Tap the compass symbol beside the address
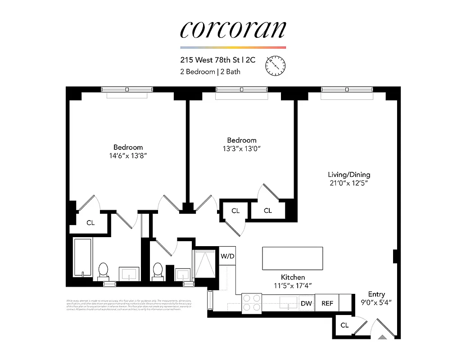276,66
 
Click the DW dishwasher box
307,303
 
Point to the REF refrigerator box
327,303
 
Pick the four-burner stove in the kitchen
252,303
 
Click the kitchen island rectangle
293,258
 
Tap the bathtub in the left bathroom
83,258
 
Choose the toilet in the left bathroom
103,270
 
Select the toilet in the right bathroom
158,270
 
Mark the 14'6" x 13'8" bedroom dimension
128,156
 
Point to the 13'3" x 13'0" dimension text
241,148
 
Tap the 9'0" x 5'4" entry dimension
376,303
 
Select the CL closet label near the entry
344,325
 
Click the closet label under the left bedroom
90,223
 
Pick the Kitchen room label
293,277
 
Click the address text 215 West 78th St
212,59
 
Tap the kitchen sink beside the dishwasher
286,303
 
